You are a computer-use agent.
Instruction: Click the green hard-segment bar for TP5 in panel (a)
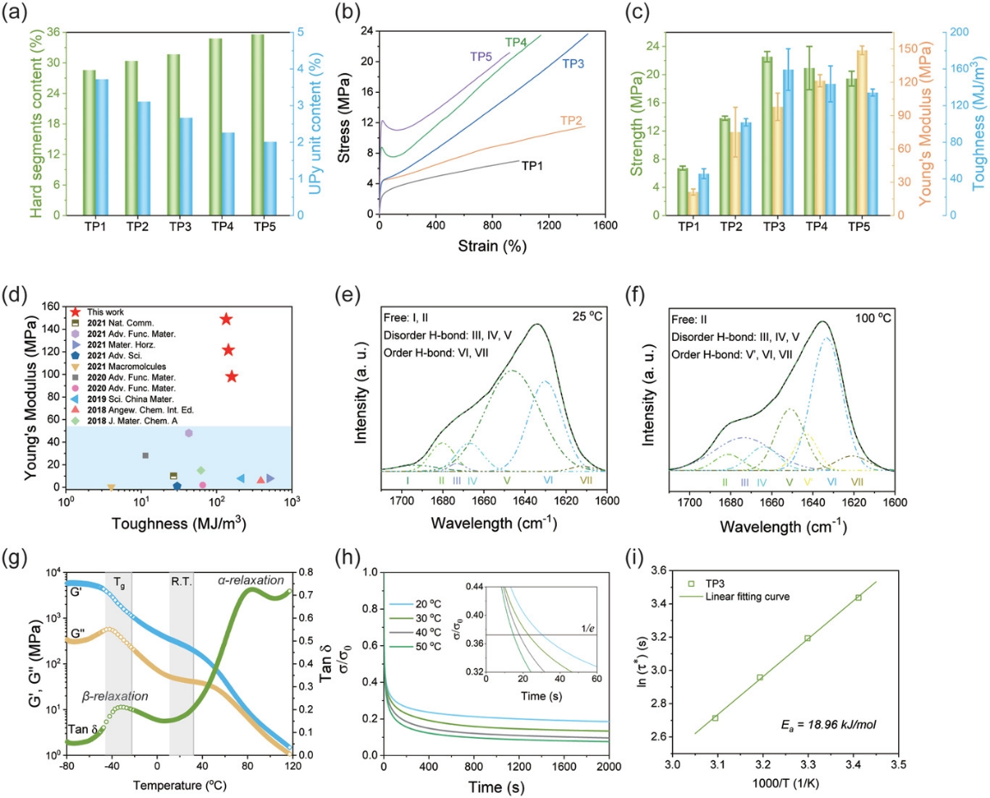(x=258, y=125)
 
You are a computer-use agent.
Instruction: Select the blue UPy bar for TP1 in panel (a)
(x=101, y=147)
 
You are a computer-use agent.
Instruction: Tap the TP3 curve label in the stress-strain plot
(x=575, y=63)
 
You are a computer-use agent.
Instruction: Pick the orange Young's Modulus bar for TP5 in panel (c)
(x=838, y=132)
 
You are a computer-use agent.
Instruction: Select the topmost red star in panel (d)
(x=226, y=320)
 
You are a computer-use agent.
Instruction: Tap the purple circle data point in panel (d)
(x=189, y=433)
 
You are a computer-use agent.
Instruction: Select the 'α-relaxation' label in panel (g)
(x=250, y=581)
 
